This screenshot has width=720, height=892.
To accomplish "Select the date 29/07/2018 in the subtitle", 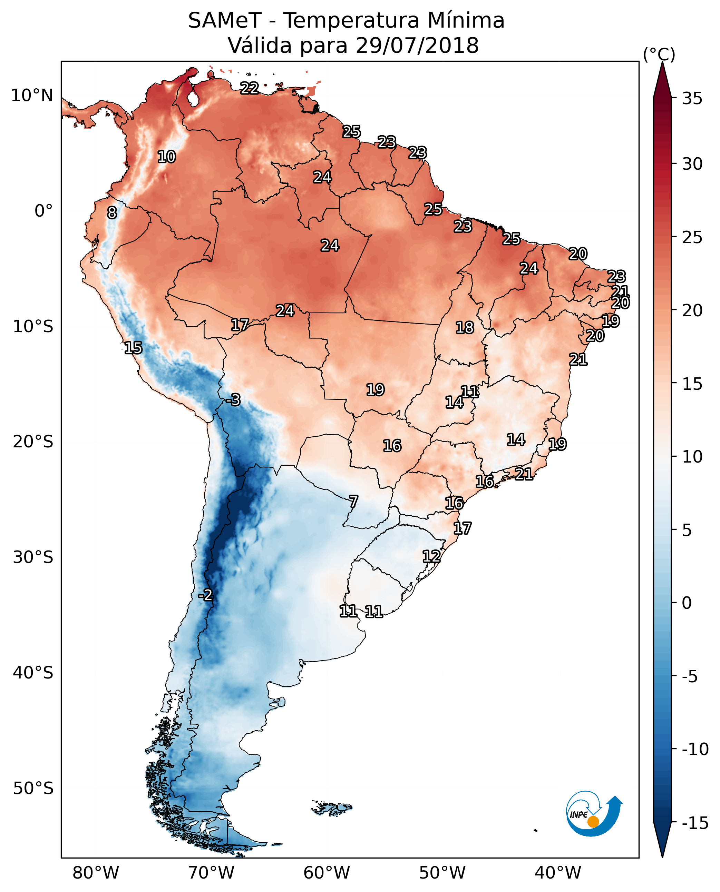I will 417,46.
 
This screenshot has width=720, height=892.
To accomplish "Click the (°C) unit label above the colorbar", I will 659,55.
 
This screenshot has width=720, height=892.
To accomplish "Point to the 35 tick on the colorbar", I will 692,99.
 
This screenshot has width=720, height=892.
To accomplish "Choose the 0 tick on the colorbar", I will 687,603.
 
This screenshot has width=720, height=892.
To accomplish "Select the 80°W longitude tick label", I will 96,873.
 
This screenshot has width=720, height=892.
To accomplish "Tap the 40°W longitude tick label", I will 558,873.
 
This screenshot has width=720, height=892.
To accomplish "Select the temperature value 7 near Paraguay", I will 353,502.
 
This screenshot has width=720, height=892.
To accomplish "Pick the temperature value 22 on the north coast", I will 250,88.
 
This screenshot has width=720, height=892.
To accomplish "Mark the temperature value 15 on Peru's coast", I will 133,348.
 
